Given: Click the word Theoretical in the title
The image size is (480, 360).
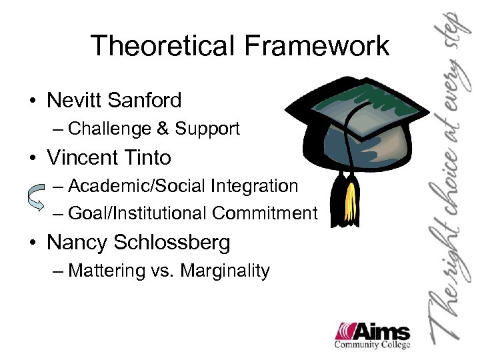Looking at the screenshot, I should [159, 46].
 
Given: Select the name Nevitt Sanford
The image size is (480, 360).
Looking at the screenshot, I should [114, 101].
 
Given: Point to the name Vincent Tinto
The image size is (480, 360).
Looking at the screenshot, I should [109, 158].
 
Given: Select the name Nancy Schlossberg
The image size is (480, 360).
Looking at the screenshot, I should [138, 242].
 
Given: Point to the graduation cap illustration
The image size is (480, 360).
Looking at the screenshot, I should [353, 133].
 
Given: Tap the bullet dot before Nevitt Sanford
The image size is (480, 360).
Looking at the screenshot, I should [31, 102].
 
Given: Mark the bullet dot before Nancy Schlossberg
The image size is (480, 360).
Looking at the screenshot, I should [31, 243].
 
